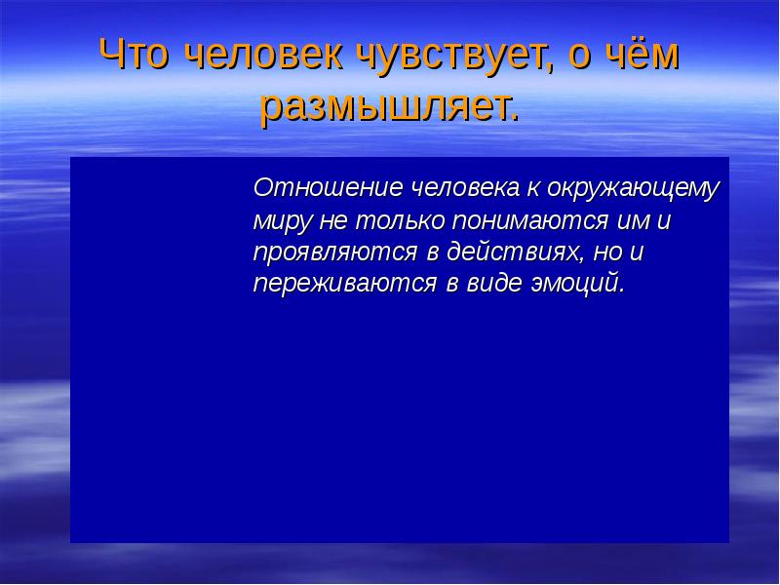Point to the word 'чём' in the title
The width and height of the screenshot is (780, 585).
(x=643, y=57)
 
